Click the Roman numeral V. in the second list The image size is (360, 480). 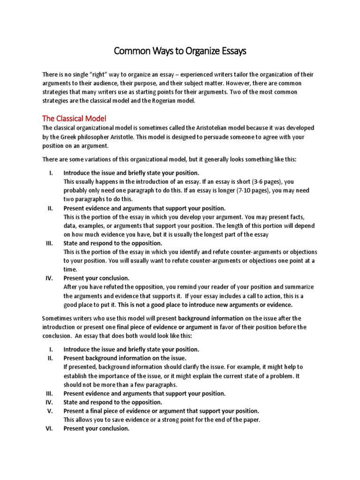coord(51,411)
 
